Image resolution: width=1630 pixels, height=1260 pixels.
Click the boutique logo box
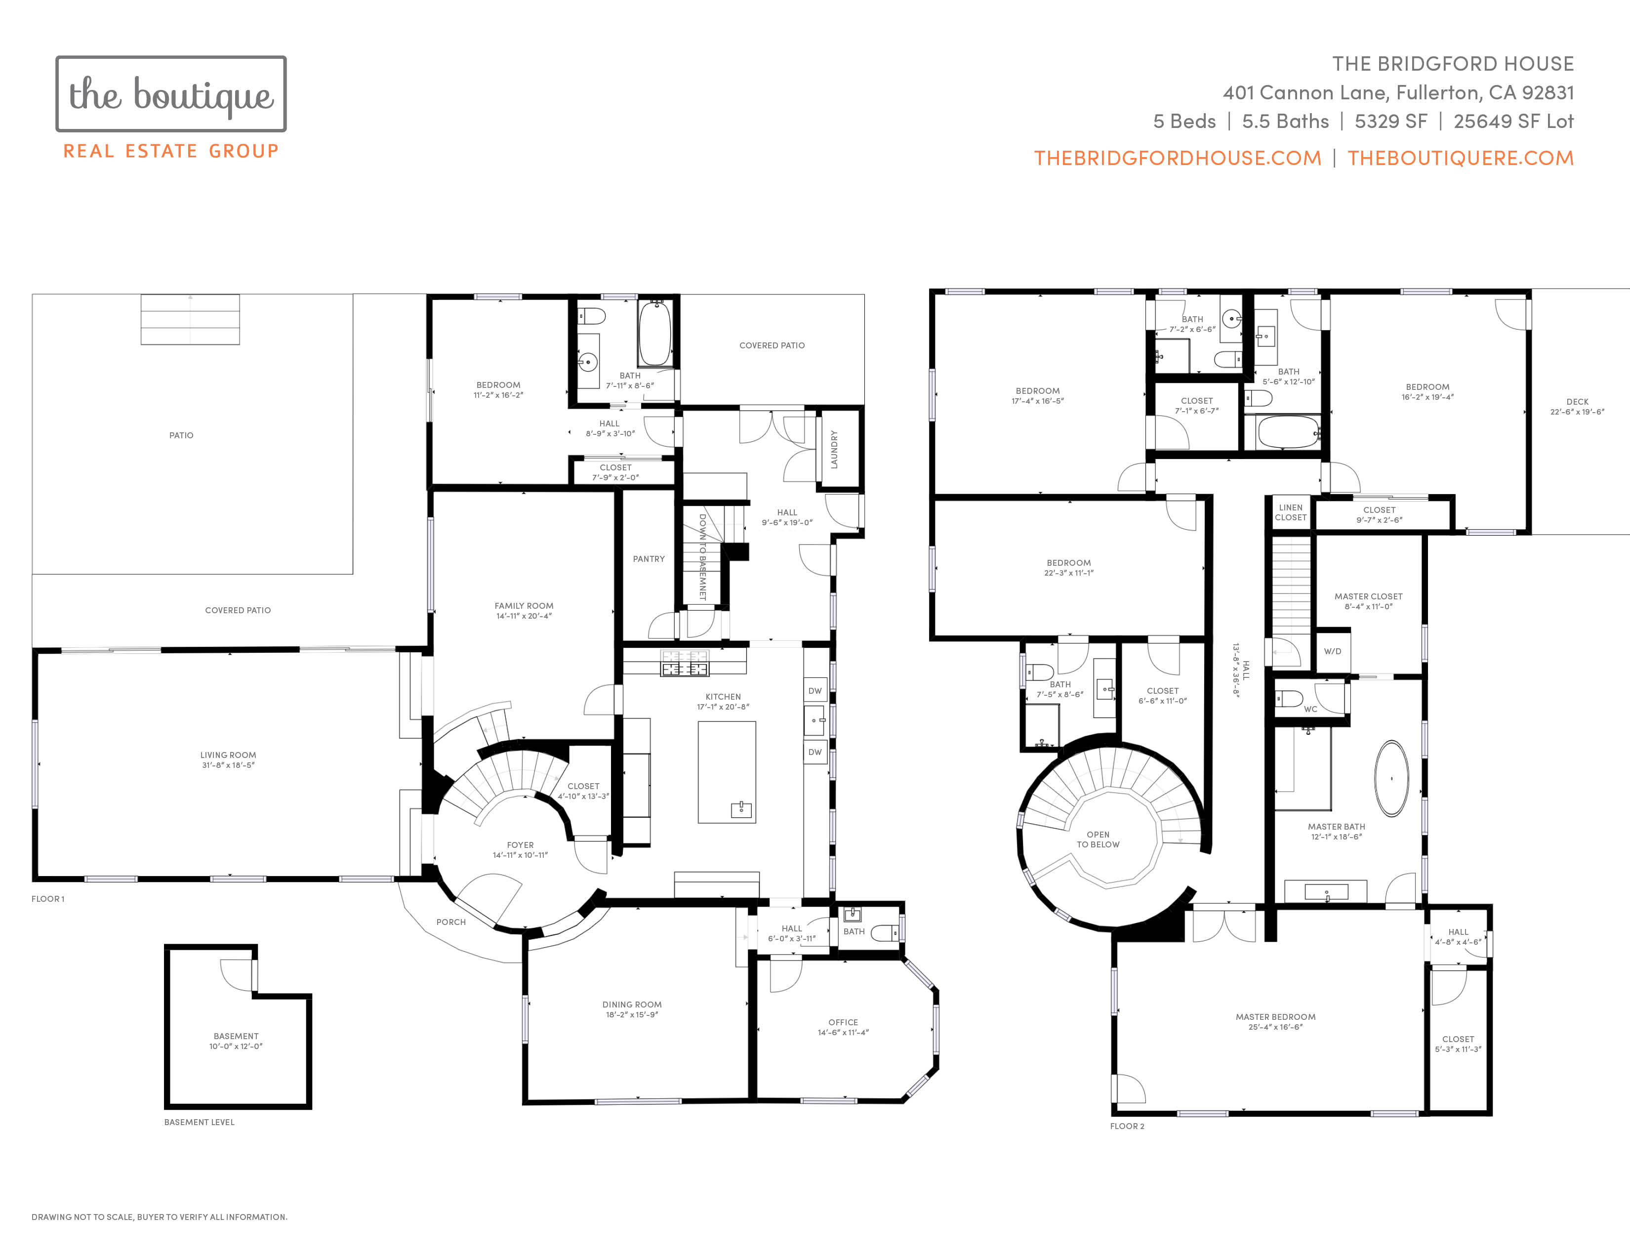coord(171,94)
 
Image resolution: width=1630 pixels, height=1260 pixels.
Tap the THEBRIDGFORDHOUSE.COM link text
coord(1177,158)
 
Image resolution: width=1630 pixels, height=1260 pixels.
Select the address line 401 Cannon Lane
coord(1398,92)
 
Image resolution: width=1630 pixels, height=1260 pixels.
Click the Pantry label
coord(649,559)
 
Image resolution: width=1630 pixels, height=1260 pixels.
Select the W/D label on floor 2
coord(1332,652)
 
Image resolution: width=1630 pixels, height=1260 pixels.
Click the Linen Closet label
coord(1290,513)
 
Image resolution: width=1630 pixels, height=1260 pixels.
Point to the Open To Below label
coord(1098,840)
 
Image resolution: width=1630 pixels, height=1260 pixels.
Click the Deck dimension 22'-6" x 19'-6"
coord(1577,412)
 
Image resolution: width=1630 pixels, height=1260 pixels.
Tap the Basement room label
coord(236,1036)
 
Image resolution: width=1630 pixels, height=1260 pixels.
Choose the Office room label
coord(843,1023)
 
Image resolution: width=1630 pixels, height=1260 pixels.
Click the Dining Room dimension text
coord(632,1015)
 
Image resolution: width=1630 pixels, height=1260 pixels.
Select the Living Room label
coord(228,756)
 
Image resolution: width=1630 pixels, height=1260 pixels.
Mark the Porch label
coord(451,923)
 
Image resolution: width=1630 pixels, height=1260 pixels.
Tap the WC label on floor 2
coord(1310,709)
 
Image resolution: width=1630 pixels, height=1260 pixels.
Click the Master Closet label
coord(1368,597)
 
